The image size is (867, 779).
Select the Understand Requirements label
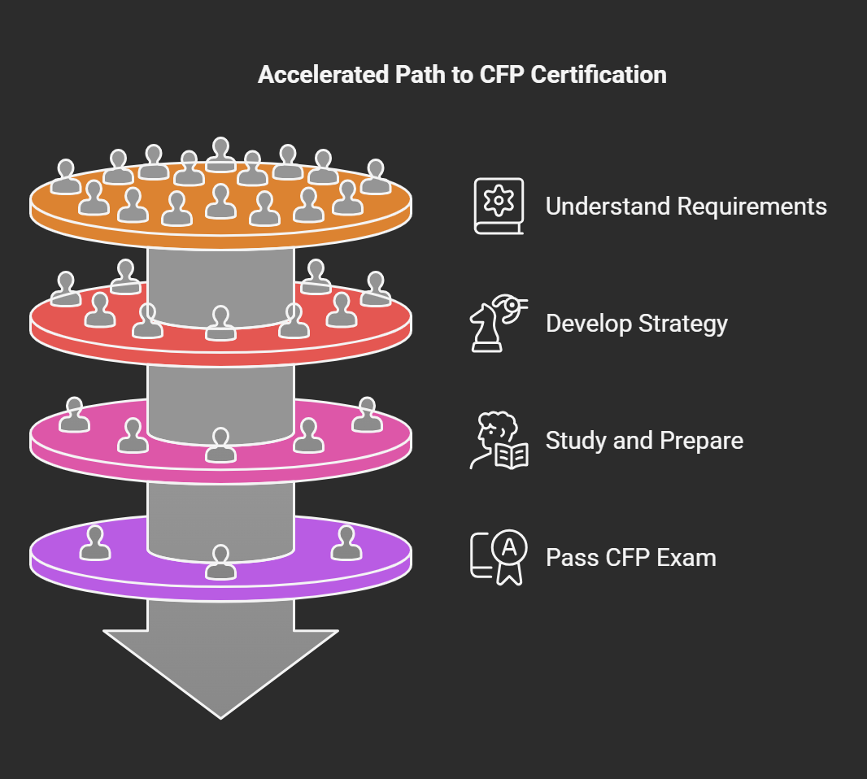click(x=686, y=207)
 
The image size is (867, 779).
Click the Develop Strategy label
click(x=636, y=324)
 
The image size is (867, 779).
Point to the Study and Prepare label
click(x=644, y=441)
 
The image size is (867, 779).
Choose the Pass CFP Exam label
click(x=630, y=558)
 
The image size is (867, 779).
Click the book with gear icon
click(x=499, y=207)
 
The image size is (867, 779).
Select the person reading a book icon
click(x=499, y=441)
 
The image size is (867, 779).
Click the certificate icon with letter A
click(x=499, y=558)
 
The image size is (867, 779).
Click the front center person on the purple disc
click(x=220, y=562)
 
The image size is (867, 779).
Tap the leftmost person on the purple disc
click(x=96, y=543)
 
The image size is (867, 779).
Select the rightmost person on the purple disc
click(x=346, y=543)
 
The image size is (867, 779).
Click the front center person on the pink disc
click(x=220, y=445)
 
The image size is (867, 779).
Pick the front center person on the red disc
click(x=220, y=324)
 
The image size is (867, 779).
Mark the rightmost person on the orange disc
click(x=375, y=177)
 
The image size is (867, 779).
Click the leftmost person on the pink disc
click(x=75, y=415)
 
